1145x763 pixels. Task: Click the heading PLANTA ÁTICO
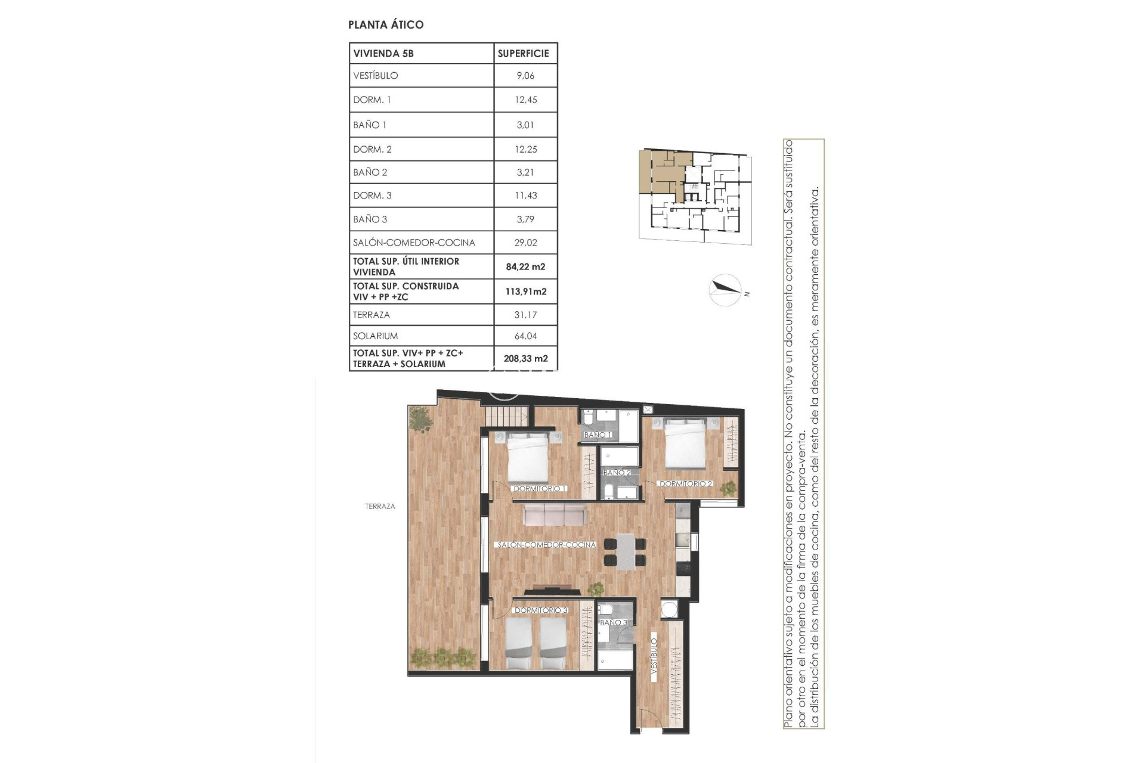click(386, 24)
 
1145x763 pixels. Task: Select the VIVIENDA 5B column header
click(383, 54)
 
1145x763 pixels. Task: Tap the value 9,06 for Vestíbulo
click(525, 76)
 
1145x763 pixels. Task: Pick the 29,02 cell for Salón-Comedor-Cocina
click(525, 243)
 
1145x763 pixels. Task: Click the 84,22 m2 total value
click(525, 267)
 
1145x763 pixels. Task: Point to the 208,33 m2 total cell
click(525, 359)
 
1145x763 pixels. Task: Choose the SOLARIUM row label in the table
click(375, 336)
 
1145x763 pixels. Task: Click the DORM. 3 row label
click(372, 196)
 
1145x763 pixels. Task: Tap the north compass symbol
click(726, 290)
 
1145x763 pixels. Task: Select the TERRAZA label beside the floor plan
click(380, 507)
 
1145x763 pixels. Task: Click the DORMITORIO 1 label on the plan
click(540, 489)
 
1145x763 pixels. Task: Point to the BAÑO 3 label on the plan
click(613, 622)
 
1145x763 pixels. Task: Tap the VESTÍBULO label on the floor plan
click(654, 656)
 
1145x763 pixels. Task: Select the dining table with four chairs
click(625, 551)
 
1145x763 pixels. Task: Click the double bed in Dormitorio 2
click(686, 444)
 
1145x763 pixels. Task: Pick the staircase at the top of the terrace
click(506, 415)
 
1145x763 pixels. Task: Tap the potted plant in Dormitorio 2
click(728, 489)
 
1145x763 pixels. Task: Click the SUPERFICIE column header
click(523, 54)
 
